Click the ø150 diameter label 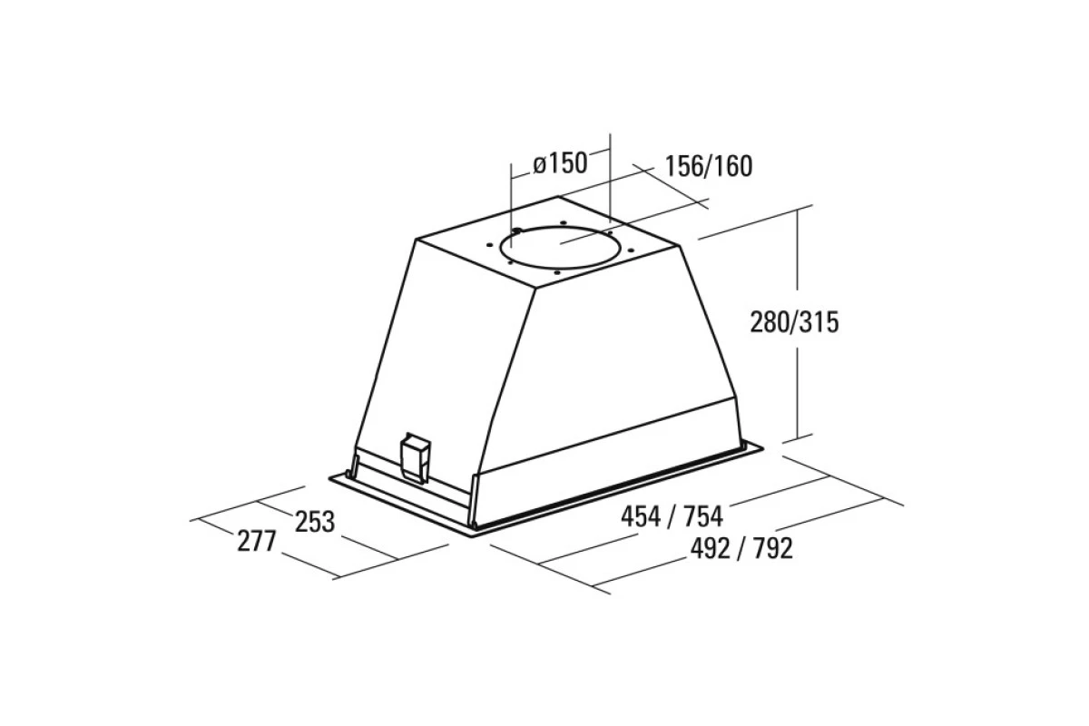[560, 163]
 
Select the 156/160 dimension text [709, 166]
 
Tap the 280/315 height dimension [794, 322]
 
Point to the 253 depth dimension [315, 522]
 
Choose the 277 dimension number [257, 541]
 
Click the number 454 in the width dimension [641, 516]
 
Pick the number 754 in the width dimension [703, 516]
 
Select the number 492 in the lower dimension [711, 548]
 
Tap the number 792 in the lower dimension [773, 548]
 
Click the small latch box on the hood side [415, 458]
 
